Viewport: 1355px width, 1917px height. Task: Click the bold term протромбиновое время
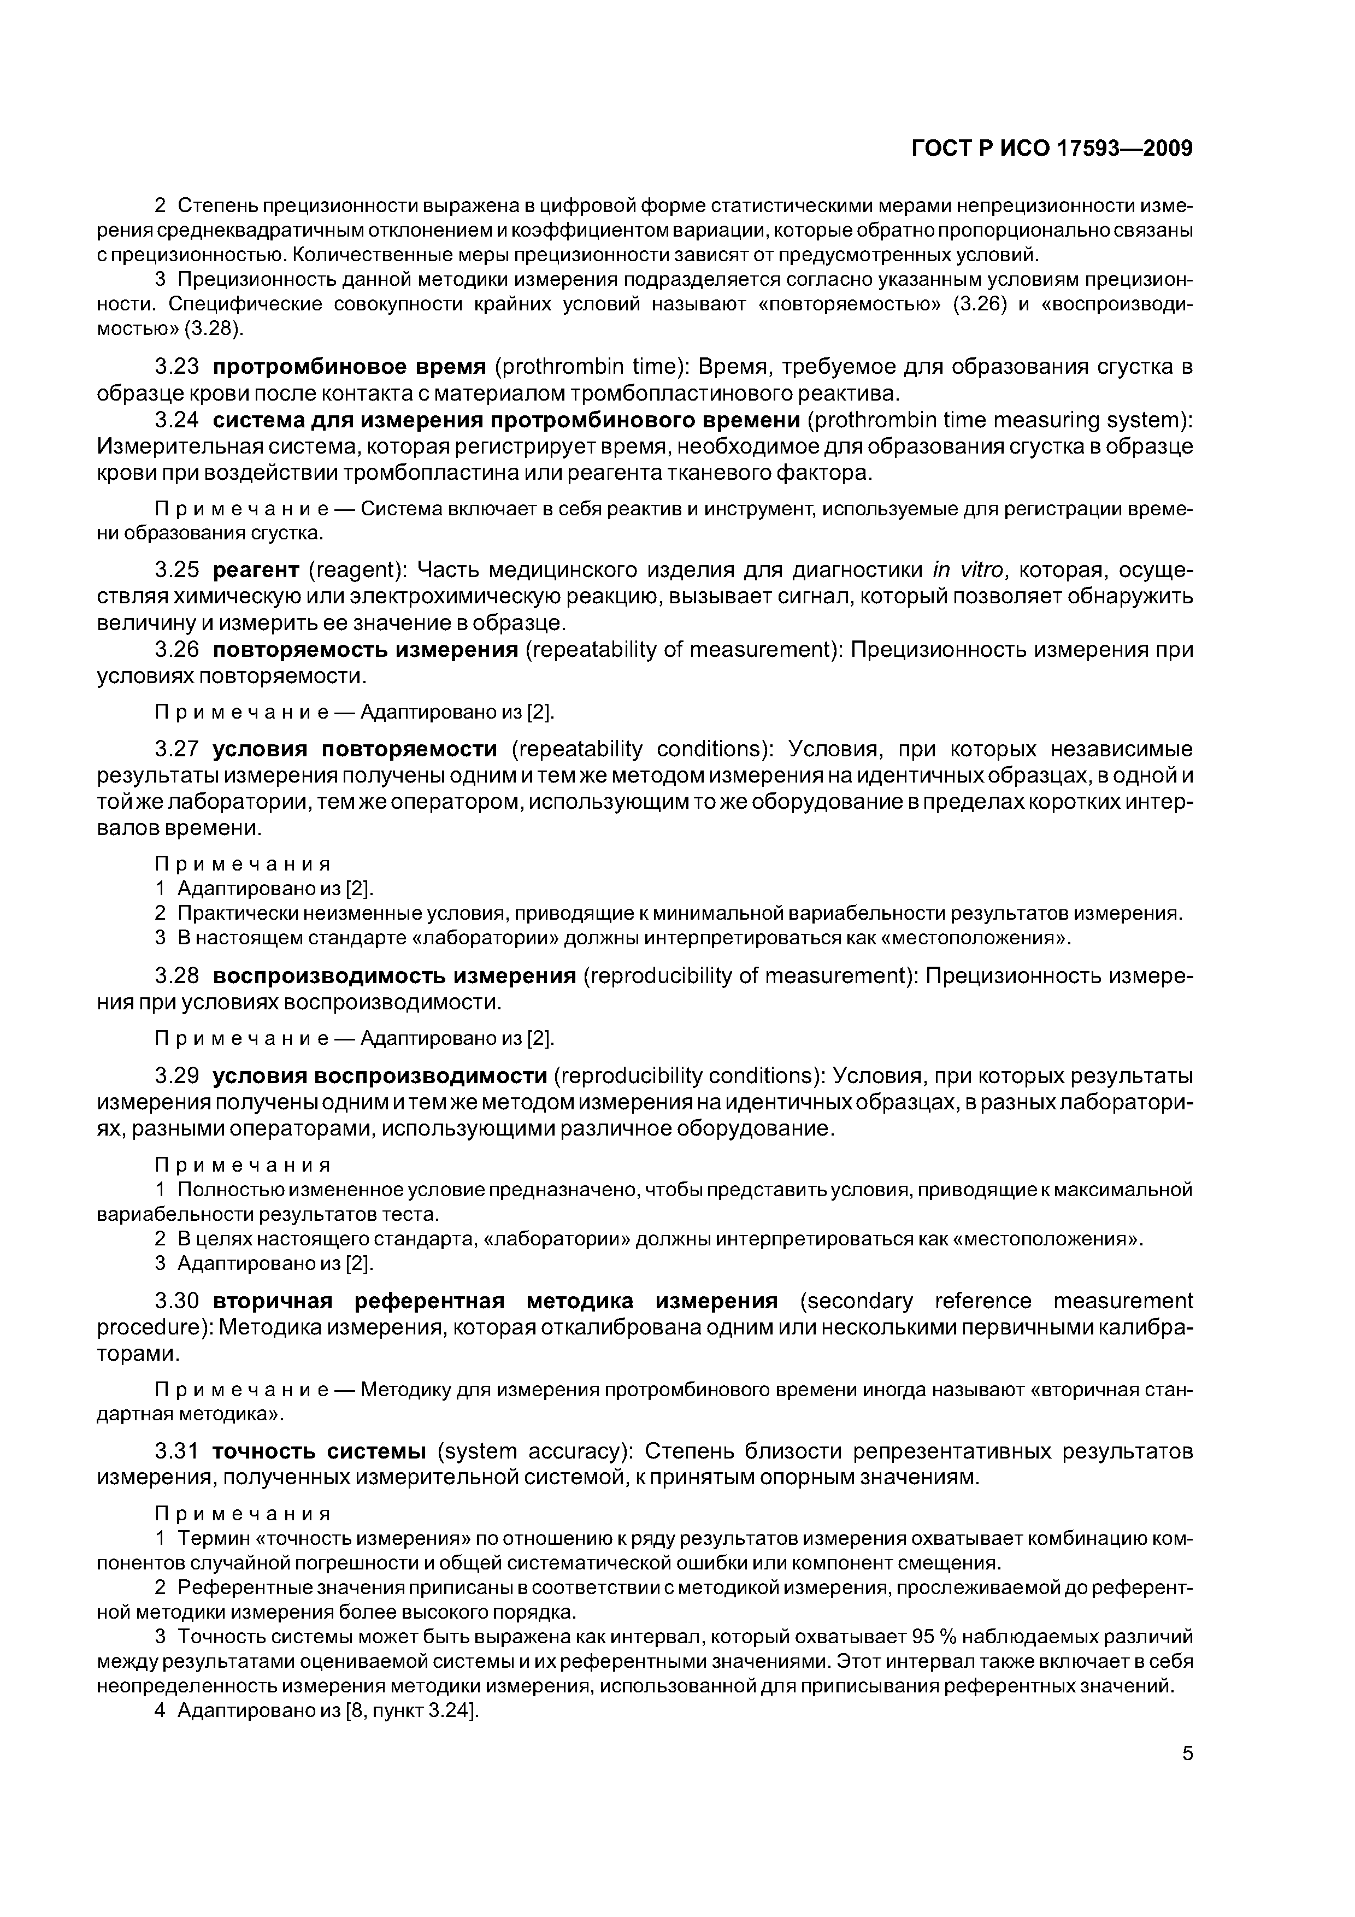click(x=349, y=367)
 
